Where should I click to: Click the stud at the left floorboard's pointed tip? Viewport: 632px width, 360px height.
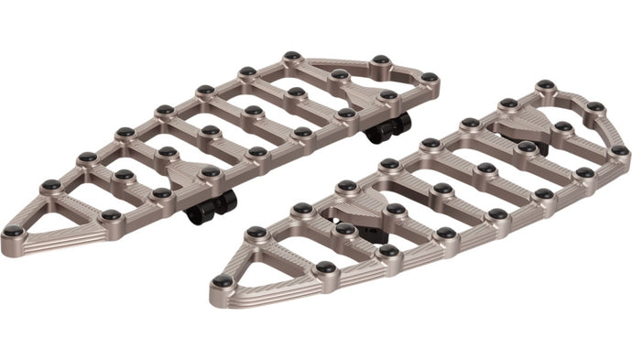pyautogui.click(x=13, y=232)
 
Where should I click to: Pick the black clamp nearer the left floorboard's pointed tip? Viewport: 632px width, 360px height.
pyautogui.click(x=212, y=204)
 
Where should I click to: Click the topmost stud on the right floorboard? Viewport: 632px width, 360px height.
pyautogui.click(x=545, y=85)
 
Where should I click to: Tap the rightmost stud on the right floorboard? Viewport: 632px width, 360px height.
pyautogui.click(x=619, y=149)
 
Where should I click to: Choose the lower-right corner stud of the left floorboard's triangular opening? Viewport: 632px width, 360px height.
pyautogui.click(x=111, y=215)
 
